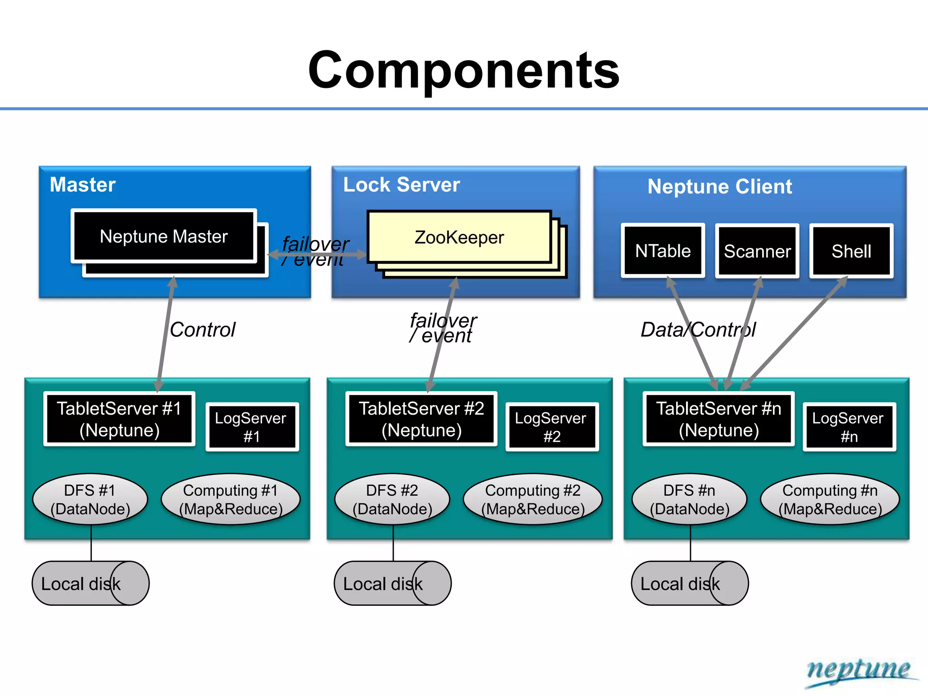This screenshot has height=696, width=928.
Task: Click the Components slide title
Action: click(x=464, y=70)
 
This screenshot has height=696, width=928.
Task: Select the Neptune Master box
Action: click(x=164, y=236)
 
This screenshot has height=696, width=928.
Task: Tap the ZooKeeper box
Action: click(x=459, y=237)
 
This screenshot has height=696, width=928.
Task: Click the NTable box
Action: click(x=662, y=251)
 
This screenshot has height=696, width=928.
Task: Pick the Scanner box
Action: click(x=757, y=251)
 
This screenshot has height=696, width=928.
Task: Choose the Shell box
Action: click(x=851, y=251)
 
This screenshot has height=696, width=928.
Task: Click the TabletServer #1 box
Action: click(x=119, y=419)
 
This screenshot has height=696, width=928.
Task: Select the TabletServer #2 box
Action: click(x=421, y=419)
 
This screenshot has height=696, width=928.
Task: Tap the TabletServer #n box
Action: click(x=718, y=419)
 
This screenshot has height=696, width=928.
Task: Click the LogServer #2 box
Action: click(x=551, y=427)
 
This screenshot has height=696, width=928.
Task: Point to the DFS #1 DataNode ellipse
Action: click(x=90, y=499)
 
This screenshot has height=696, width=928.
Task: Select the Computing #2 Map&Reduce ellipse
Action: click(x=532, y=499)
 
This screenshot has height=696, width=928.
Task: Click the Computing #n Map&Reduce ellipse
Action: click(x=830, y=499)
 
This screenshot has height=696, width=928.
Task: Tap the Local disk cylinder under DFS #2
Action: click(x=392, y=583)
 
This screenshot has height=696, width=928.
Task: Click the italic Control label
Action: click(x=203, y=329)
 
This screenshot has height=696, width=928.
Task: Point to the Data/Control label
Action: click(x=698, y=329)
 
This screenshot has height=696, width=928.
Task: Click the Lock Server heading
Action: click(x=401, y=184)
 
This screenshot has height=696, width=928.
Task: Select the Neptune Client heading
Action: click(x=720, y=186)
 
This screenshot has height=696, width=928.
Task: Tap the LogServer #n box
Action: click(x=849, y=427)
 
